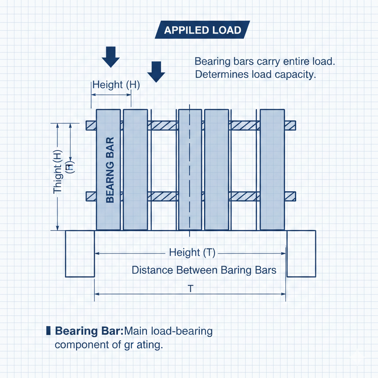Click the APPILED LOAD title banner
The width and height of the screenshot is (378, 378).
click(202, 30)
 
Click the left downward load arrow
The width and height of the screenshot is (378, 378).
click(111, 56)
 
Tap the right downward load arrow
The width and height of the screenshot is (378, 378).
click(156, 72)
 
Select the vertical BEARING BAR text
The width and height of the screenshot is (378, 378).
click(110, 170)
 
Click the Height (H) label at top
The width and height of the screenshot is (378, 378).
click(116, 85)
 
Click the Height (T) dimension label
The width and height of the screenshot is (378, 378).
click(192, 253)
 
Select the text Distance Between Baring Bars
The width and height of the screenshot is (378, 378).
click(204, 270)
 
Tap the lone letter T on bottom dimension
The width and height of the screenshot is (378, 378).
click(190, 289)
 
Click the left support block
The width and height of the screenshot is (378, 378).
click(80, 254)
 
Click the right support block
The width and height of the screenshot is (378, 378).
click(301, 254)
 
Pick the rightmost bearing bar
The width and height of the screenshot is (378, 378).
click(272, 170)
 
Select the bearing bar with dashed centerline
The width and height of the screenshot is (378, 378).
click(190, 170)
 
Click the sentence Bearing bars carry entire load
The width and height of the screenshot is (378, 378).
click(264, 61)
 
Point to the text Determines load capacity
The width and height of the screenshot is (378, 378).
click(255, 75)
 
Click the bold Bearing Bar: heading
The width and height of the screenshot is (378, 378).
click(89, 331)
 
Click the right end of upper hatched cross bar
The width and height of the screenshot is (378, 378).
click(291, 126)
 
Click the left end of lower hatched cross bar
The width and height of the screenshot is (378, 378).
click(91, 196)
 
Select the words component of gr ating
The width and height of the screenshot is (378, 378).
click(109, 345)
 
